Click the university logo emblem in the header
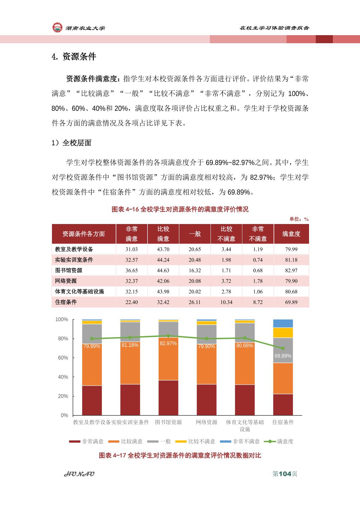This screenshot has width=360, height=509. [57, 27]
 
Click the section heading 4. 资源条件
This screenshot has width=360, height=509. [74, 57]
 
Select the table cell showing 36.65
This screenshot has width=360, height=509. [132, 271]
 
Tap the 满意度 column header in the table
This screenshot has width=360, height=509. [291, 234]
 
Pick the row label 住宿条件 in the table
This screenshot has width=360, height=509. [66, 302]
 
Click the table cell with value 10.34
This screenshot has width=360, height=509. [226, 302]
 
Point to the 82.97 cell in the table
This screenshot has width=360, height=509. [291, 271]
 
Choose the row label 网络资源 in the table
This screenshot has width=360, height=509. [66, 281]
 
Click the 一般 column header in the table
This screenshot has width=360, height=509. [195, 234]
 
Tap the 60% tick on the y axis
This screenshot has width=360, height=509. [63, 358]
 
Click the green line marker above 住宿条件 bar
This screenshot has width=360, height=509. [283, 348]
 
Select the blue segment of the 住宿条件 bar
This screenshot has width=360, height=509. [283, 323]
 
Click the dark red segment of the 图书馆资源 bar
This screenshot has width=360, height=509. [168, 398]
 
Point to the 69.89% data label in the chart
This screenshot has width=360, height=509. [283, 356]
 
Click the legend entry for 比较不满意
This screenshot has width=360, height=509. [195, 441]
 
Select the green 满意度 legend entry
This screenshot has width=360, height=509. [278, 441]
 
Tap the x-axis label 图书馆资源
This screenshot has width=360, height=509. [168, 422]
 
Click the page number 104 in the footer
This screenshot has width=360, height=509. [285, 474]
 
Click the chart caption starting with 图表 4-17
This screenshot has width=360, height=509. [180, 455]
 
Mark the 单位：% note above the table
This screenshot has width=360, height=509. [299, 219]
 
